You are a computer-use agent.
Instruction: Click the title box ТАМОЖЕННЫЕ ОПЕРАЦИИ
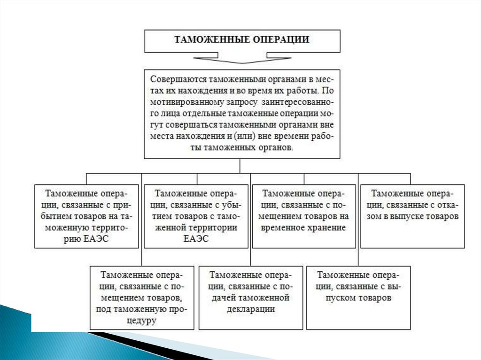click(242, 40)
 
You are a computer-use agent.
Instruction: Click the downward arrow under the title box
click(242, 59)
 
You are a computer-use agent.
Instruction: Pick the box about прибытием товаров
click(87, 216)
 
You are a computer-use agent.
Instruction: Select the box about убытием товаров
click(196, 216)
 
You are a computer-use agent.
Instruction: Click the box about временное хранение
click(304, 216)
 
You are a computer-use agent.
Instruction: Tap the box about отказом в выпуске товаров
click(413, 216)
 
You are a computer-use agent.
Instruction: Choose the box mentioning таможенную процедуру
click(142, 298)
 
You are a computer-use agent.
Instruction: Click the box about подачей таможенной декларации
click(250, 298)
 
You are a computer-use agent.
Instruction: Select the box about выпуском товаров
click(358, 298)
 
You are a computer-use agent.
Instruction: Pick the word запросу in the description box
click(236, 102)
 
